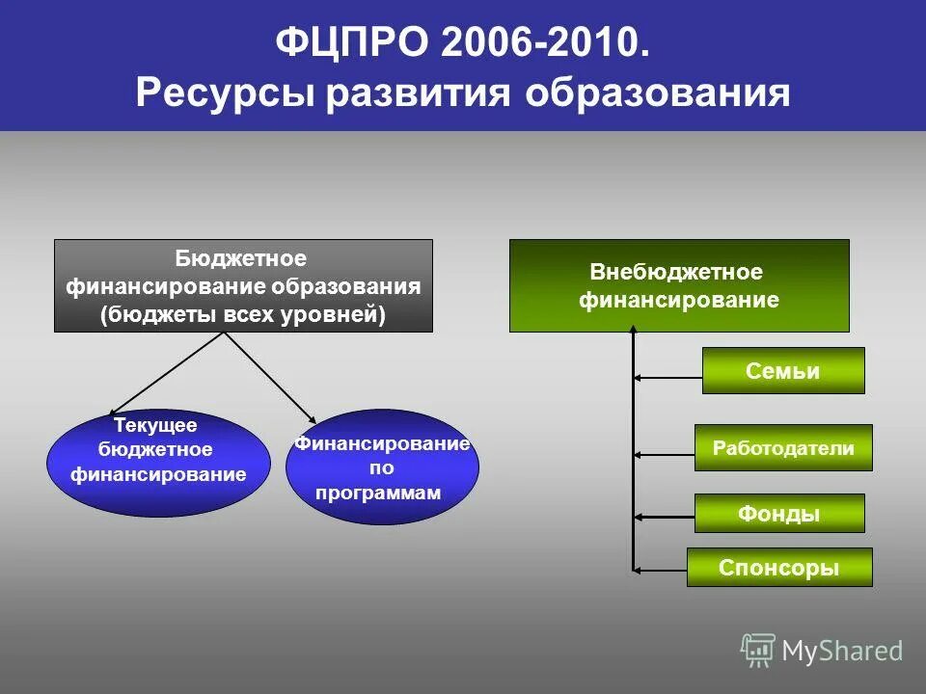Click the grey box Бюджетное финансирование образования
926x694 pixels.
click(243, 285)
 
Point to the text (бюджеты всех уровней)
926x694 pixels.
click(243, 315)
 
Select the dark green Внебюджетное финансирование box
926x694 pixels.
click(679, 285)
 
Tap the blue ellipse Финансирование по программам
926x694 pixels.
click(382, 467)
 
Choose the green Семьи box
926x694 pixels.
click(782, 371)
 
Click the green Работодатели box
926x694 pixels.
click(782, 448)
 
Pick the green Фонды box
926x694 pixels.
click(778, 514)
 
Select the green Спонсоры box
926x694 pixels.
click(778, 568)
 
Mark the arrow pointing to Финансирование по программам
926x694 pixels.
click(272, 377)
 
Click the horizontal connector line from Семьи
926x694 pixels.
click(667, 378)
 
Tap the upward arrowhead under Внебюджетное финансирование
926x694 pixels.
click(634, 330)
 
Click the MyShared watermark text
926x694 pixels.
click(842, 652)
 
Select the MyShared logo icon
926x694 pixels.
click(758, 651)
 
